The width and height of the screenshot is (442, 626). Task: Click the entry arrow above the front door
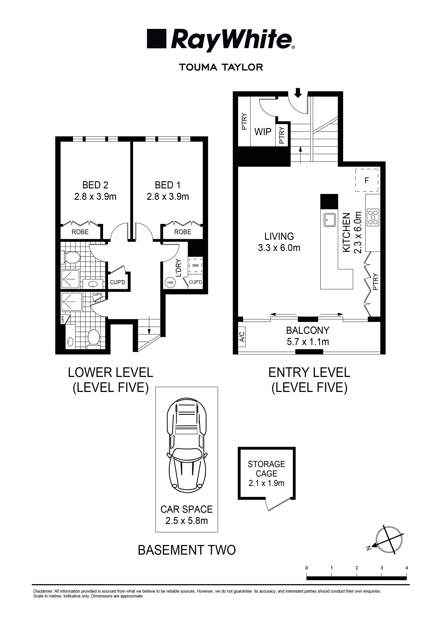coord(298,93)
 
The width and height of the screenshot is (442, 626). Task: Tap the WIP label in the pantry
coord(263,132)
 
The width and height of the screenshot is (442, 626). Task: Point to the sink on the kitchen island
coord(330,220)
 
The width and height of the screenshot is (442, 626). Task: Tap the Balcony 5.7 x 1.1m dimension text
coord(308,342)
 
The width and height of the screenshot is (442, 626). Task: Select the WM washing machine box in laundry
coord(195,265)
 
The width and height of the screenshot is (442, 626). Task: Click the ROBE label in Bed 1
coord(183,232)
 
